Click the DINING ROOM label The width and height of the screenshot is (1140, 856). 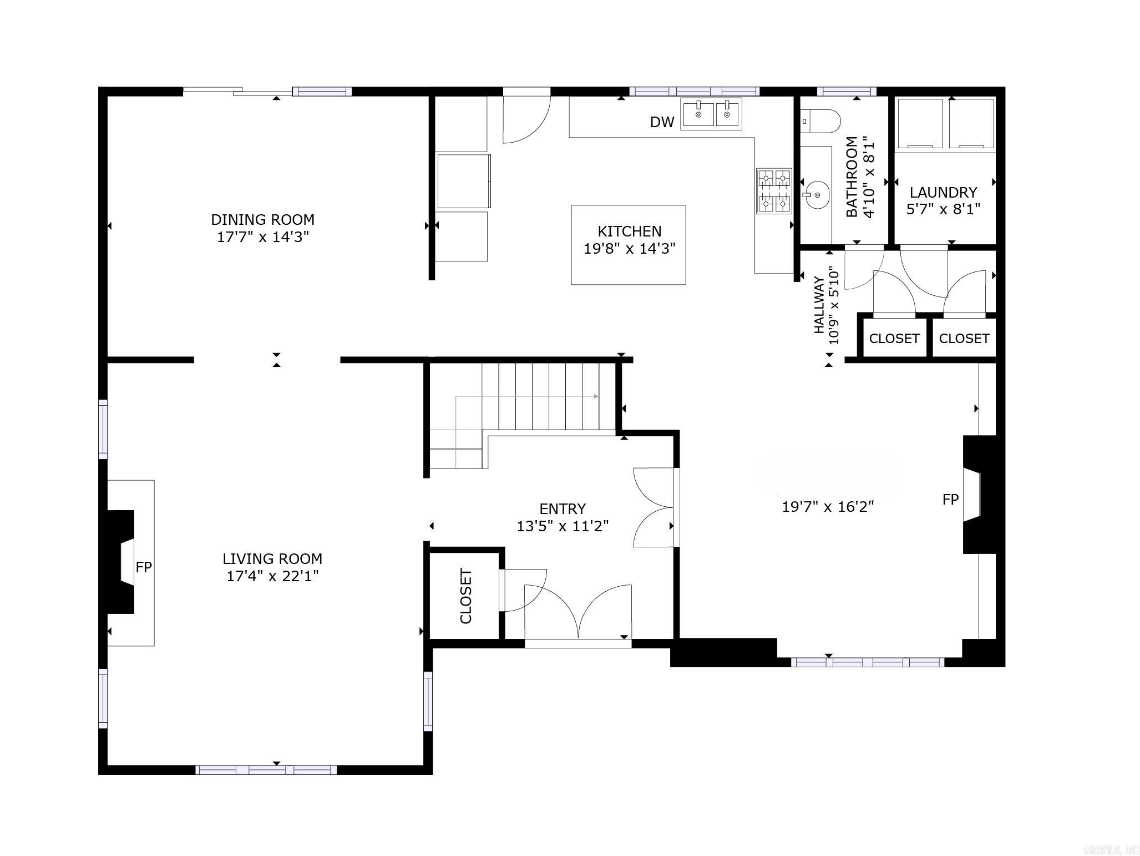262,219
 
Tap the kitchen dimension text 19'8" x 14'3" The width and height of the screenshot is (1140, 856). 629,249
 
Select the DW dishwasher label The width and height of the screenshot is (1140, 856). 662,123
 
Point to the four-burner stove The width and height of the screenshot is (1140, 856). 774,192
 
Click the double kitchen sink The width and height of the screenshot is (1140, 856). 711,114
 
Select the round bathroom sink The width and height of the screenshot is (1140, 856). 816,195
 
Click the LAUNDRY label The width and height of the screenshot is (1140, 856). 943,193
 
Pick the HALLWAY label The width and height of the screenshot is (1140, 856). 819,305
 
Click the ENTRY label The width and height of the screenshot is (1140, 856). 562,508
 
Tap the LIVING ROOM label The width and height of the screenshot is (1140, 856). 272,558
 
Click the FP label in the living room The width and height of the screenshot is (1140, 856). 144,567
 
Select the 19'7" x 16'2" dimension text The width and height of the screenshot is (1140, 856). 828,507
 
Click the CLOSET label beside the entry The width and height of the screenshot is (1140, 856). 465,596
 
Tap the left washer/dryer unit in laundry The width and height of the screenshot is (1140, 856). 920,123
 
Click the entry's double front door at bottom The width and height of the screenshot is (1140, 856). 577,613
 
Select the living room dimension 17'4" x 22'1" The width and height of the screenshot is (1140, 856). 272,576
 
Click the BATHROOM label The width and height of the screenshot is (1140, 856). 852,177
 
